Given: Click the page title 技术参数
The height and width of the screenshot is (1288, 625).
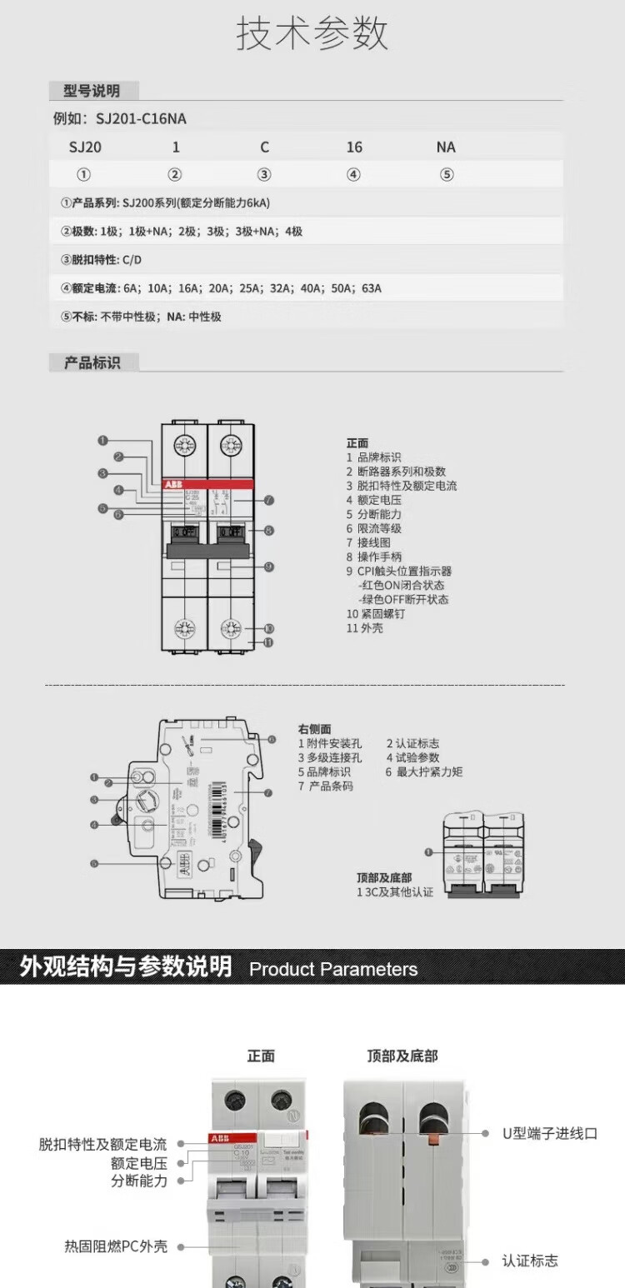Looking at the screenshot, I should (312, 35).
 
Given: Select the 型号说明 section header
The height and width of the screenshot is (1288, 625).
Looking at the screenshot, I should (92, 91).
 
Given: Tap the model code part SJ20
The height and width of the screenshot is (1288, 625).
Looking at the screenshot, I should (85, 147).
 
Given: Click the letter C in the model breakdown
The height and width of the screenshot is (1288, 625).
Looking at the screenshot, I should (264, 147).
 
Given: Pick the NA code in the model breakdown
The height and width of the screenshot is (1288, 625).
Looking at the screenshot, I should (446, 147).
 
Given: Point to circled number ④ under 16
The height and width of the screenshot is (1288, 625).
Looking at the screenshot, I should (353, 175).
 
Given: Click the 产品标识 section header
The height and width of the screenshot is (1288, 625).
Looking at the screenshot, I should (92, 362).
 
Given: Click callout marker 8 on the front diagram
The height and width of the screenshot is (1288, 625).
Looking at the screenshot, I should (268, 530).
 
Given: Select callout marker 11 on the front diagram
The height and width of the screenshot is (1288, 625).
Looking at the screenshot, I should (268, 642).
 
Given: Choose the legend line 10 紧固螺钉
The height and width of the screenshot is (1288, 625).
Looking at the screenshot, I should (376, 614).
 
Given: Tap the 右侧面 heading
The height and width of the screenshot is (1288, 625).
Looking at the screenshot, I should (314, 729).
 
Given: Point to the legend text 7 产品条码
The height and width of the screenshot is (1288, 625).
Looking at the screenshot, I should (326, 786).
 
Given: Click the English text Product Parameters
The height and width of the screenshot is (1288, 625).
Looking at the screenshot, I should (333, 969).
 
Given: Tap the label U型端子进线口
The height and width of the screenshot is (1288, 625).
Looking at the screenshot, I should (549, 1133).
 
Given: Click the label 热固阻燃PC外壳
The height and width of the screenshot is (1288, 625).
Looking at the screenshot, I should (116, 1246).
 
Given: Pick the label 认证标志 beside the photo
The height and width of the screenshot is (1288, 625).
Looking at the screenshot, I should (530, 1261).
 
